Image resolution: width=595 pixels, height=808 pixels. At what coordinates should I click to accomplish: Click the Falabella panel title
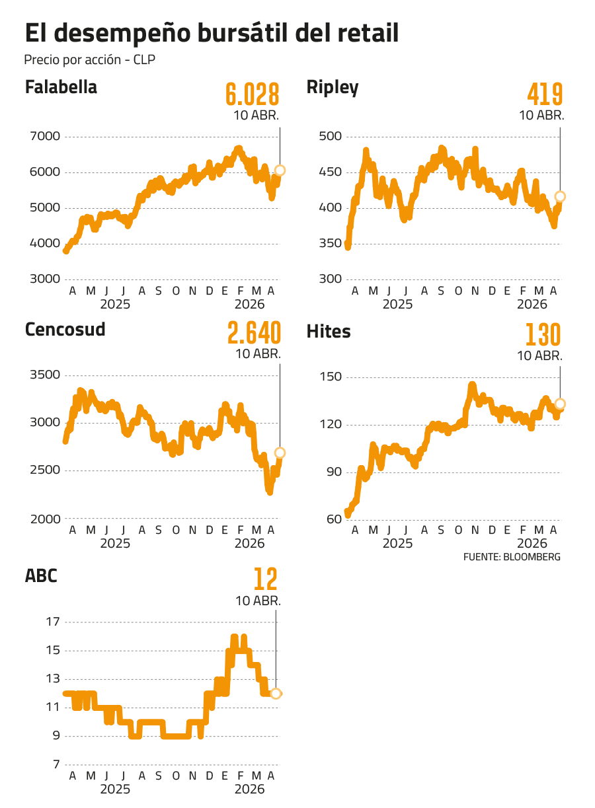click(61, 87)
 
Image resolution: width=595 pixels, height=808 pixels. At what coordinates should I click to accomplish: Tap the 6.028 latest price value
click(252, 95)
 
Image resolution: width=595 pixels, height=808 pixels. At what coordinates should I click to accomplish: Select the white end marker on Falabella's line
click(280, 170)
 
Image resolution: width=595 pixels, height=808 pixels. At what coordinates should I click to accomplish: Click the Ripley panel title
click(333, 87)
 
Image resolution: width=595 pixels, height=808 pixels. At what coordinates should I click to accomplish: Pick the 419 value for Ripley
click(545, 95)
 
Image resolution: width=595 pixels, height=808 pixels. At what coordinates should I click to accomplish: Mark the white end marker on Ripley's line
click(561, 196)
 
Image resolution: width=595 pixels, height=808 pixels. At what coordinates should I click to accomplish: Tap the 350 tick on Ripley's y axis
click(330, 244)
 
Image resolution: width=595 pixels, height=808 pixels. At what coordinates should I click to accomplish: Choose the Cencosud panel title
click(65, 329)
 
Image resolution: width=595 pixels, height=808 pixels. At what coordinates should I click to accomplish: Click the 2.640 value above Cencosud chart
click(254, 334)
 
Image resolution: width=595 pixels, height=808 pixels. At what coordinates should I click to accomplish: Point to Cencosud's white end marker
click(280, 453)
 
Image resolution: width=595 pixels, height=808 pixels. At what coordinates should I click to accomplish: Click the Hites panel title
click(329, 331)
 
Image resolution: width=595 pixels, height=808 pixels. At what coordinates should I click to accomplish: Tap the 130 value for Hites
click(543, 336)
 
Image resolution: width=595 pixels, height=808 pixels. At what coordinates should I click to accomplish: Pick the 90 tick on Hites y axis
click(334, 472)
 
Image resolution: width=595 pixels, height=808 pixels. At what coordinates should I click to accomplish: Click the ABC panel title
click(41, 575)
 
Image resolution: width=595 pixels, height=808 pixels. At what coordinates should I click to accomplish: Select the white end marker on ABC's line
click(276, 693)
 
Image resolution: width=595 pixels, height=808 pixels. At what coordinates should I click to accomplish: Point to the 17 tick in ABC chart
click(53, 622)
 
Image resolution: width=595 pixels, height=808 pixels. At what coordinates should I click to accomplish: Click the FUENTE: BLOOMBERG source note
click(512, 557)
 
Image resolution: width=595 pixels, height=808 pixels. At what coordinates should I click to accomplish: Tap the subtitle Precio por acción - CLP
click(90, 59)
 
